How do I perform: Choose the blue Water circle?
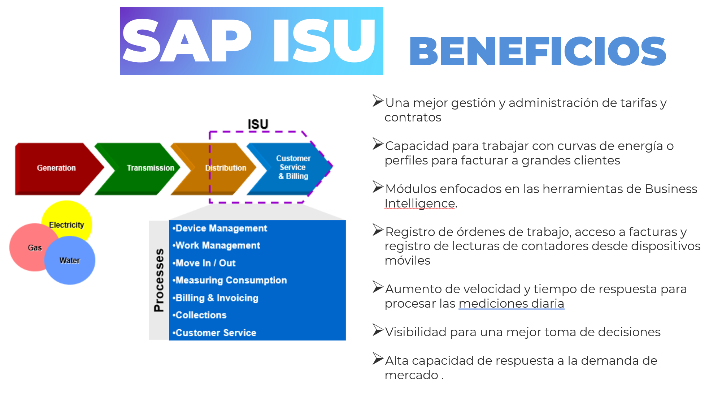[70, 260]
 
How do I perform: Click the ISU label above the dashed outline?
[258, 124]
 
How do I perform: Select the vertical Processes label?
[159, 280]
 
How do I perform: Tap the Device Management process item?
[220, 228]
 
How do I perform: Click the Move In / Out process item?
[204, 263]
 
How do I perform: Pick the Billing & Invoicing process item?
[216, 298]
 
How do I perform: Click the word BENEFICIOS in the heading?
[538, 51]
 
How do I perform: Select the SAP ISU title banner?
[252, 41]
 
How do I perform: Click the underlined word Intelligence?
[420, 204]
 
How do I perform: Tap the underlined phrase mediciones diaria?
[512, 304]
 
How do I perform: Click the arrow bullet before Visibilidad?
[378, 330]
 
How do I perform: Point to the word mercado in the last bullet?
[412, 375]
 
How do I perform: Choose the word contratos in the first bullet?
[413, 117]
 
